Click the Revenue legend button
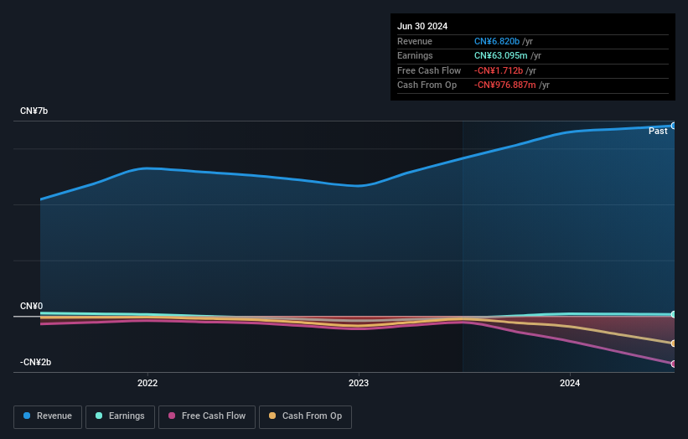coord(48,416)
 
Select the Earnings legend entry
coord(120,416)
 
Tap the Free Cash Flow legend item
coord(207,416)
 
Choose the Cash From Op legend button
coord(305,416)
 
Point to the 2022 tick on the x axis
coord(147,384)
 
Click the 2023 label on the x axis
coord(359,384)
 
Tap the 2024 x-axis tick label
coord(570,384)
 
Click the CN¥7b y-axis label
coord(34,111)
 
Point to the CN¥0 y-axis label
coord(32,307)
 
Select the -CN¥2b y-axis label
coord(36,362)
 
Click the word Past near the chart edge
coord(658,132)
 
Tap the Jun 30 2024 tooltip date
coord(422,26)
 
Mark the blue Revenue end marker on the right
coord(674,126)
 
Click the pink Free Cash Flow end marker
coord(674,364)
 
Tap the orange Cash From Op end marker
coord(674,343)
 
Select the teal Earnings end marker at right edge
coord(674,314)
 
